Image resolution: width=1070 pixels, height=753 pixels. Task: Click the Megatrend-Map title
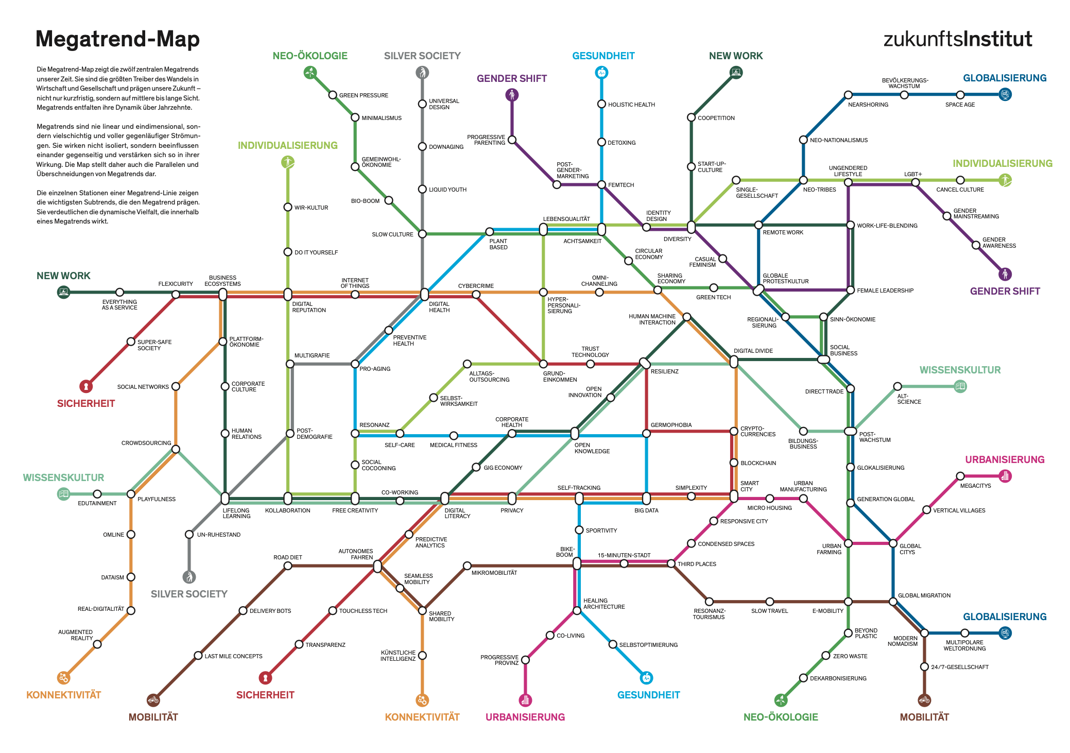pos(117,39)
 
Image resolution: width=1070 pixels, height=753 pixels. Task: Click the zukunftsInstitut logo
pos(957,39)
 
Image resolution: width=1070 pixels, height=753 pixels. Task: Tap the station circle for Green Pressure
pos(333,95)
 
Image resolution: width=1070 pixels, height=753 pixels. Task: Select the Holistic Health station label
pos(631,105)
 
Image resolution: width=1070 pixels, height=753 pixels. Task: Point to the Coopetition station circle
pos(691,117)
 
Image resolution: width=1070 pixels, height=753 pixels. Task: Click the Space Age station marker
pos(960,95)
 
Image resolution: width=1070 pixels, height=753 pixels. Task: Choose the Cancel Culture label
pos(960,190)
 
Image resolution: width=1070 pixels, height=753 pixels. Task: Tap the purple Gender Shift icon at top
pos(511,95)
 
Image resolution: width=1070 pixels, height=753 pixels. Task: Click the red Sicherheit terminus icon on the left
pos(86,386)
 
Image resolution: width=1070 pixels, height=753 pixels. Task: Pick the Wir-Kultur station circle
pos(288,207)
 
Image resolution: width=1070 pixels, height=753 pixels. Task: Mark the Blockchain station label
pos(758,463)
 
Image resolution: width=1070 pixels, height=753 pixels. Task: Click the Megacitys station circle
pos(960,476)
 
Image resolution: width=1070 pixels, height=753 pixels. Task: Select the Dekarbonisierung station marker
pos(803,678)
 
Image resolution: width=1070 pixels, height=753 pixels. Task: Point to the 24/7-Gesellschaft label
pos(960,667)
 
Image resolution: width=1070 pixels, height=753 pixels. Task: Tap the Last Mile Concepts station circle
pos(198,656)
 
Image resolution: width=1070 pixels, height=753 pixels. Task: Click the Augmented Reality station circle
pos(97,644)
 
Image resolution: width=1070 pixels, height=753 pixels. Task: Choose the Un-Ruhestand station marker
pos(189,534)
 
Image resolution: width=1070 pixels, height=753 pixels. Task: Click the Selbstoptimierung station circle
pos(613,644)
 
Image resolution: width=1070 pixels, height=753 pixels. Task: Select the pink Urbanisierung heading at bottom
pos(525,717)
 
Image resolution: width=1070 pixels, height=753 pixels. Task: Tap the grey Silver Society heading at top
pos(422,56)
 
